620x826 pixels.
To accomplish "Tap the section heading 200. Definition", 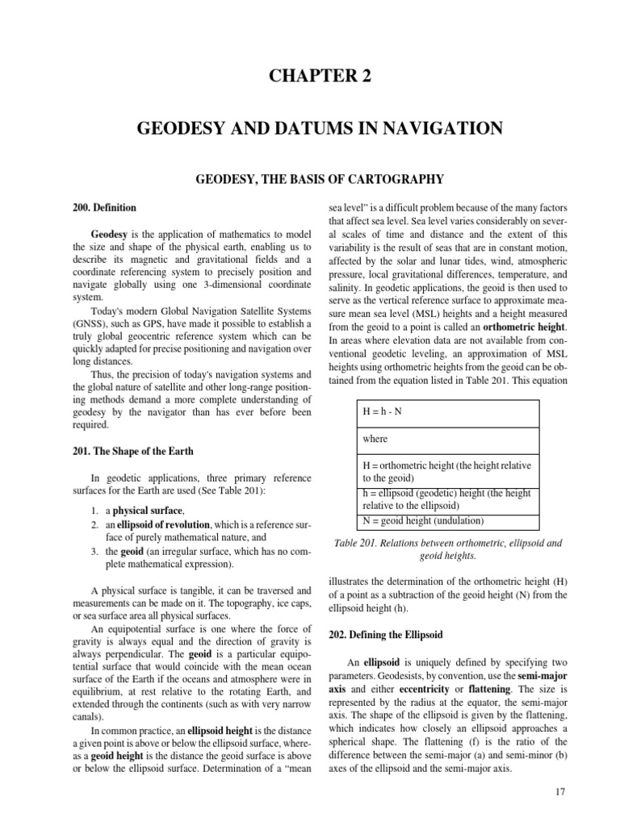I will [104, 207].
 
